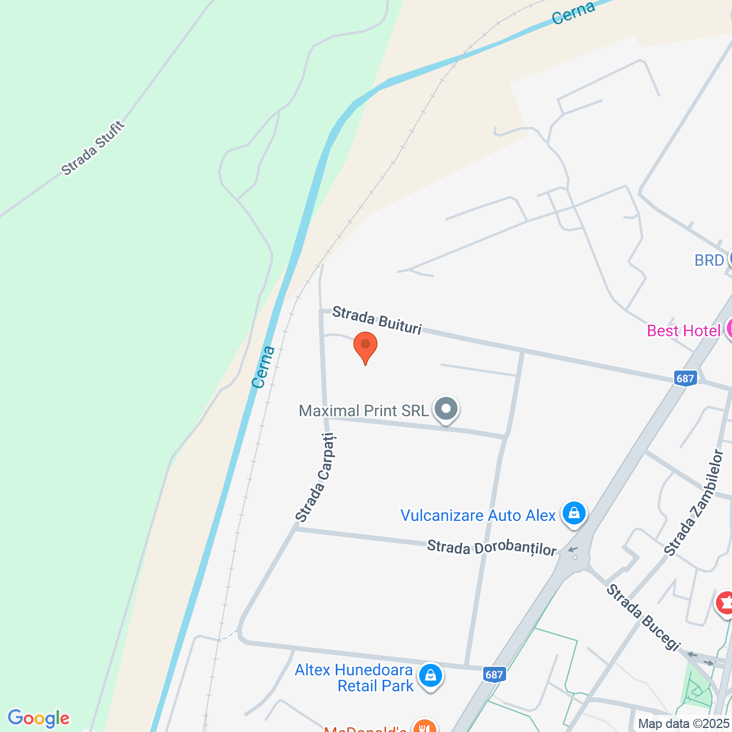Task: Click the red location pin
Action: [x=365, y=346]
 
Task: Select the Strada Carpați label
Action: [x=316, y=478]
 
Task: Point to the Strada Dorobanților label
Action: [x=491, y=548]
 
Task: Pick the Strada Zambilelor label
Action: [x=694, y=502]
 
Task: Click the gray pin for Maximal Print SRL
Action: [x=446, y=409]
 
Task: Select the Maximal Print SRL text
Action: [x=364, y=411]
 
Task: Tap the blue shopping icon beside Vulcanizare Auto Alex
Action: [x=574, y=513]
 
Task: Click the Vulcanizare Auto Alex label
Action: [x=478, y=515]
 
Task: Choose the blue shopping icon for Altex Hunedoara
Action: [x=430, y=676]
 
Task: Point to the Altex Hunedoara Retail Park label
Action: [x=354, y=678]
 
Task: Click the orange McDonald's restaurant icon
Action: [x=424, y=727]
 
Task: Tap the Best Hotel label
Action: [x=683, y=331]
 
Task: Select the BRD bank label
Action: [x=709, y=260]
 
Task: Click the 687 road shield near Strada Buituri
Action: [x=685, y=378]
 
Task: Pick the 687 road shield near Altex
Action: [x=494, y=675]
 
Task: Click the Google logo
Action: [x=38, y=718]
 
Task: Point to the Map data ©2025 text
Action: [x=684, y=724]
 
